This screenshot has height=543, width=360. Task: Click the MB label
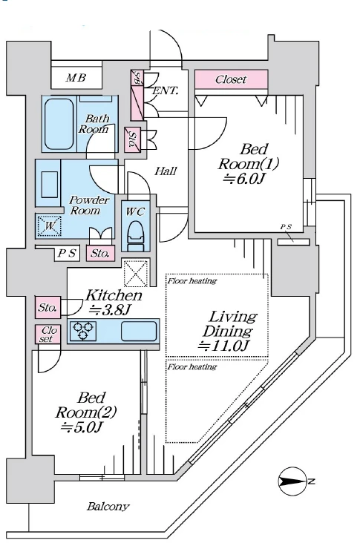(76, 78)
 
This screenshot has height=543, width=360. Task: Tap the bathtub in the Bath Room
(59, 124)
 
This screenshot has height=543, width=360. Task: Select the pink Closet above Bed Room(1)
(231, 79)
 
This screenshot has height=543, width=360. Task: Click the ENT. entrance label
(166, 90)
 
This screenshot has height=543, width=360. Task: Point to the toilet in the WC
(136, 236)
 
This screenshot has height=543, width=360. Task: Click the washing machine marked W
(49, 226)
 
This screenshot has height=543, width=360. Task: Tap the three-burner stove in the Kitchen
(83, 331)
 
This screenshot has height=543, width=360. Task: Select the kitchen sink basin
(139, 331)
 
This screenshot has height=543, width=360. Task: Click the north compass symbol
(293, 481)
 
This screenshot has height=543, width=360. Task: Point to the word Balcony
(108, 507)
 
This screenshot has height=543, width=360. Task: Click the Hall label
(166, 171)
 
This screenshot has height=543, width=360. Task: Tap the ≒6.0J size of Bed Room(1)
(245, 179)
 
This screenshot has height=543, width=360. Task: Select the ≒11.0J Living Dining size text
(224, 345)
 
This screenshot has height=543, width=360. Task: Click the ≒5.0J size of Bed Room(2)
(81, 427)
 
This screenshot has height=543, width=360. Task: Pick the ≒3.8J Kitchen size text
(110, 309)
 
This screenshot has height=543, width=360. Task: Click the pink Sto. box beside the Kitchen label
(48, 307)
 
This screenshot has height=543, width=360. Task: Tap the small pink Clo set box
(48, 334)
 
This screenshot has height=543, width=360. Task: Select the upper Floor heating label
(192, 280)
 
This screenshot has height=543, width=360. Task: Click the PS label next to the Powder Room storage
(67, 254)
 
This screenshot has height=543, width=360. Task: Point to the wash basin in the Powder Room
(50, 184)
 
